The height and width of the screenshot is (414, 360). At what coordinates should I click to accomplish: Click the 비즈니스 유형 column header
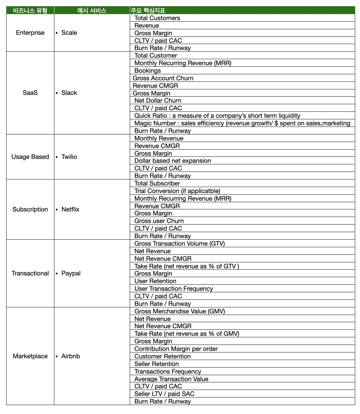(x=30, y=10)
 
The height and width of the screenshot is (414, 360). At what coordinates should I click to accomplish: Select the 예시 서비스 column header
(x=92, y=10)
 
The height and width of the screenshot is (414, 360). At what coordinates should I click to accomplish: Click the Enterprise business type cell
(x=30, y=33)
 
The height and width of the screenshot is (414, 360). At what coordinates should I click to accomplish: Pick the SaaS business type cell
(x=30, y=93)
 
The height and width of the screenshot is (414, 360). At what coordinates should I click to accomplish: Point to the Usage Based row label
(x=30, y=157)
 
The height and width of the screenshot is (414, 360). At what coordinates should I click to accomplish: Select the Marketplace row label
(x=30, y=356)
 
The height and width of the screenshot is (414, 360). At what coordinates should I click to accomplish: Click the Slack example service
(x=69, y=93)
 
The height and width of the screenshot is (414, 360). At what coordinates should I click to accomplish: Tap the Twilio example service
(x=69, y=157)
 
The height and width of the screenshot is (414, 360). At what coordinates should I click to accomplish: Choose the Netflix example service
(x=70, y=209)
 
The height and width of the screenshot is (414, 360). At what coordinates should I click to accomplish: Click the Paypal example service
(x=71, y=273)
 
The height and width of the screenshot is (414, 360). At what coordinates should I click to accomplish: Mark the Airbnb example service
(x=71, y=356)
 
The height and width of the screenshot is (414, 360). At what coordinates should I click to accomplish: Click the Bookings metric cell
(x=148, y=70)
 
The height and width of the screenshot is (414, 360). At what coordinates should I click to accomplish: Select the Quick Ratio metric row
(x=217, y=116)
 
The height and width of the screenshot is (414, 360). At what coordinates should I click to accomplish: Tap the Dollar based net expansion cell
(x=173, y=161)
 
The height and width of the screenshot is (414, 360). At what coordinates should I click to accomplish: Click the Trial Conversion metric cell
(x=177, y=191)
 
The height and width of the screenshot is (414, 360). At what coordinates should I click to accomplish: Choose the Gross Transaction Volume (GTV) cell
(x=179, y=243)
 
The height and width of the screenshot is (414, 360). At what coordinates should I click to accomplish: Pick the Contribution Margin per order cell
(x=176, y=349)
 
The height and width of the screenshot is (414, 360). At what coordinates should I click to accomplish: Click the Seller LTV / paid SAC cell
(x=165, y=394)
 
